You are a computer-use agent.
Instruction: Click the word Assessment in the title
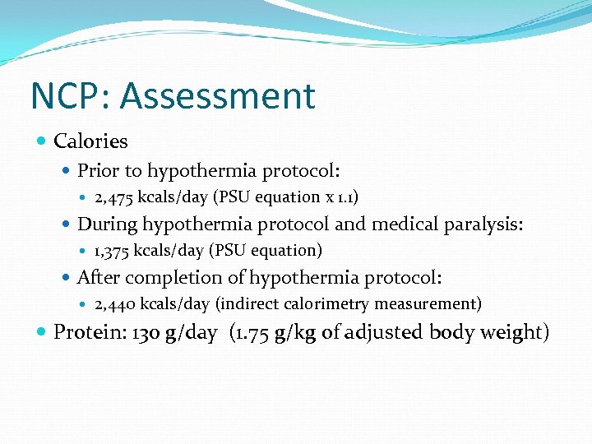[217, 96]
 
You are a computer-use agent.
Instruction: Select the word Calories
[90, 141]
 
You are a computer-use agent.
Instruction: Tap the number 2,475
[113, 197]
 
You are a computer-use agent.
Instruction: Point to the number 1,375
[113, 250]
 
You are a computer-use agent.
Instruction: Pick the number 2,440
[114, 304]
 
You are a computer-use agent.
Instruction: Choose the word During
[107, 224]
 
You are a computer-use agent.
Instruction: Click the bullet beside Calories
[42, 141]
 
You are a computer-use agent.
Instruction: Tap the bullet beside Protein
[42, 332]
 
